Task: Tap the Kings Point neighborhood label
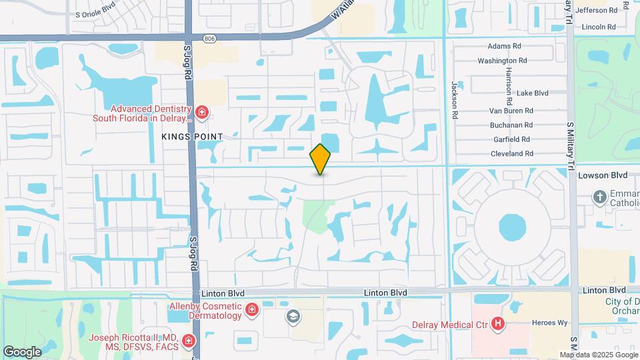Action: pos(191,136)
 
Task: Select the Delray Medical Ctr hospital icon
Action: pos(497,325)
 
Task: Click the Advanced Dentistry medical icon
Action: pos(202,112)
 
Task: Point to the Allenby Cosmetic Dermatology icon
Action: pos(251,309)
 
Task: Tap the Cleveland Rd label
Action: pos(511,153)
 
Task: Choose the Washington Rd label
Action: pos(502,61)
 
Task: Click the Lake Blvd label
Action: pos(532,93)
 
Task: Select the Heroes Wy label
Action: pos(549,323)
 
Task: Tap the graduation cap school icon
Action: pos(292,316)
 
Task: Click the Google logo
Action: pos(22,351)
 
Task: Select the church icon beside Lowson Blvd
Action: pos(599,197)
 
